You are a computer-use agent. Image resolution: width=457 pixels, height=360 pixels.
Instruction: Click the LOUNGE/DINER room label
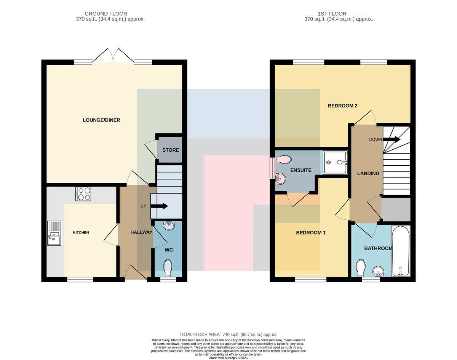101,120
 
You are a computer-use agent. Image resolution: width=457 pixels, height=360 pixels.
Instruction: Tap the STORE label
171,150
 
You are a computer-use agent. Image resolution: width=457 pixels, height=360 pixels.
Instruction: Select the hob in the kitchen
83,194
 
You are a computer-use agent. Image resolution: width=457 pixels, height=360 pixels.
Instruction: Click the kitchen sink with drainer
54,233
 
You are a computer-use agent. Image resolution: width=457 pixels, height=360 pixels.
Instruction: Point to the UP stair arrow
159,206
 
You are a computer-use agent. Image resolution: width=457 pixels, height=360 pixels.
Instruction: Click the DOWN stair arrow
391,139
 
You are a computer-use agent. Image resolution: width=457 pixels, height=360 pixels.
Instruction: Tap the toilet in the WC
168,268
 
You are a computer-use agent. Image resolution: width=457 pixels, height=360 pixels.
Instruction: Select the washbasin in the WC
169,226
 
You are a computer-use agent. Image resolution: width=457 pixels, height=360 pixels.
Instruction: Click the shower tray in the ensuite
335,163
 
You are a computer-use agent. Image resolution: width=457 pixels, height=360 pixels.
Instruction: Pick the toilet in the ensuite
283,160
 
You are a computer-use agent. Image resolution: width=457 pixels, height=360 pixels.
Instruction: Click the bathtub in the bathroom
401,251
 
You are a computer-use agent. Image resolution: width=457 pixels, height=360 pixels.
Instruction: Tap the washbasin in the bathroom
378,272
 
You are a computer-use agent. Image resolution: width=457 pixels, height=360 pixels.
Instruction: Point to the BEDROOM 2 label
342,106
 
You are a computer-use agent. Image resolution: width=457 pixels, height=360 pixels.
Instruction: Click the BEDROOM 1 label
311,233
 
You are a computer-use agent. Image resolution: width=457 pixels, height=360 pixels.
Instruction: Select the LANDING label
368,173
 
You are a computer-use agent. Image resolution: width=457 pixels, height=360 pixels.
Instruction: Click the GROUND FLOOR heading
106,14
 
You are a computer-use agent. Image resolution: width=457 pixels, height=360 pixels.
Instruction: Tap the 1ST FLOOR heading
332,14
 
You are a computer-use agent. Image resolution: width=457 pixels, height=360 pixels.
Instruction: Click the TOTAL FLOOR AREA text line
228,334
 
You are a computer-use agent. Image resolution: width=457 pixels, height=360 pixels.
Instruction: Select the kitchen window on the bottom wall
80,280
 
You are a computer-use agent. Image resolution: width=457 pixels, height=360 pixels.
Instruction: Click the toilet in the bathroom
361,268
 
